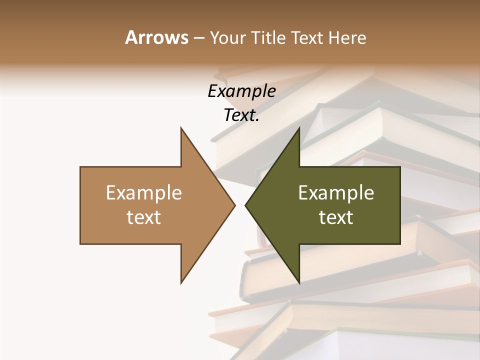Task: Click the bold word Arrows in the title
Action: (x=156, y=37)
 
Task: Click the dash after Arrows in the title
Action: (x=198, y=38)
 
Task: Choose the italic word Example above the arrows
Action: (x=241, y=91)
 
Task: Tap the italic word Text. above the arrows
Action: (x=241, y=115)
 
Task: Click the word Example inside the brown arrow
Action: (x=144, y=193)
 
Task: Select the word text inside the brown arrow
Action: (x=144, y=217)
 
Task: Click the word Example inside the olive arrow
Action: (x=336, y=193)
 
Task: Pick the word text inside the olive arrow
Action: (x=336, y=217)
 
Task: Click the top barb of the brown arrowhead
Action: (x=181, y=128)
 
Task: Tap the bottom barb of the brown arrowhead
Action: (x=181, y=282)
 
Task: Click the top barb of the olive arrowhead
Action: (x=299, y=128)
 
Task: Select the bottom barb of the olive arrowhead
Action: (x=299, y=282)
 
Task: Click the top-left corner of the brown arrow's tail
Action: (x=81, y=167)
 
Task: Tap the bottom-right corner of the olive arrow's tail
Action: (x=399, y=243)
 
